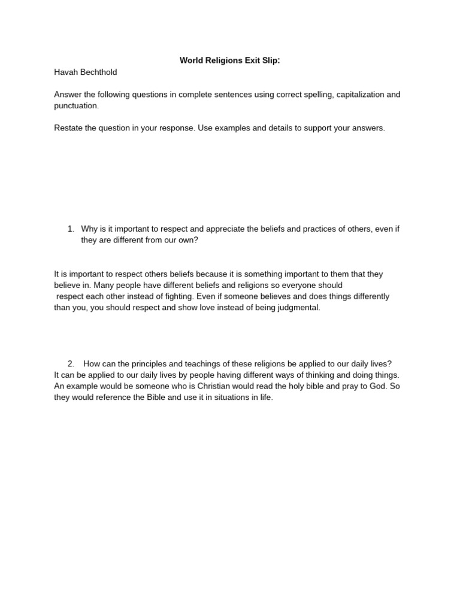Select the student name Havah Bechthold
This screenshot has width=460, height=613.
[86, 72]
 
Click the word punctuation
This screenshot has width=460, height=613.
[75, 105]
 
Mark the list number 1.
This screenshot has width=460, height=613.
[71, 229]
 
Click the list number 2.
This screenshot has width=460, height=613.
[71, 364]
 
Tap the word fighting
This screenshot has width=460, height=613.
[195, 296]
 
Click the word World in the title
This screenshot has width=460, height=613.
[192, 60]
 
